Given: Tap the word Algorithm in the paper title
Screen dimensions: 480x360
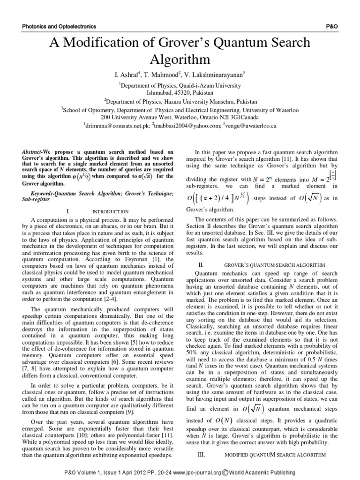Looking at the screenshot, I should point(180,60).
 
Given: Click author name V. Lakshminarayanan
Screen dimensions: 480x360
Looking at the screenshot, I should point(217,75).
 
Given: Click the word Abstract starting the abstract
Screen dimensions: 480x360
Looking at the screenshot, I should point(33,152).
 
